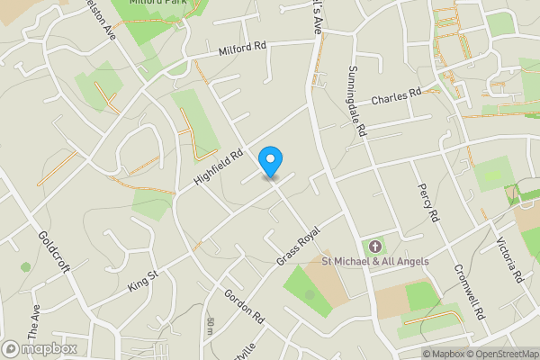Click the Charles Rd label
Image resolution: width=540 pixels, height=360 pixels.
coord(396,94)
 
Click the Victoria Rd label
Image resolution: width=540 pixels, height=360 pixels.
coord(511,261)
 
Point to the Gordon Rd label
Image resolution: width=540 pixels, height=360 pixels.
coord(244,307)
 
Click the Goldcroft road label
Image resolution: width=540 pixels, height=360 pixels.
coord(56,255)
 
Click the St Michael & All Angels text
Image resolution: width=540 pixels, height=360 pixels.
coord(375,262)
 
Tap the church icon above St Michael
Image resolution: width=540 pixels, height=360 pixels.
coord(375,246)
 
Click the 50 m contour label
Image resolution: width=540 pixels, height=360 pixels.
coord(211,327)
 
